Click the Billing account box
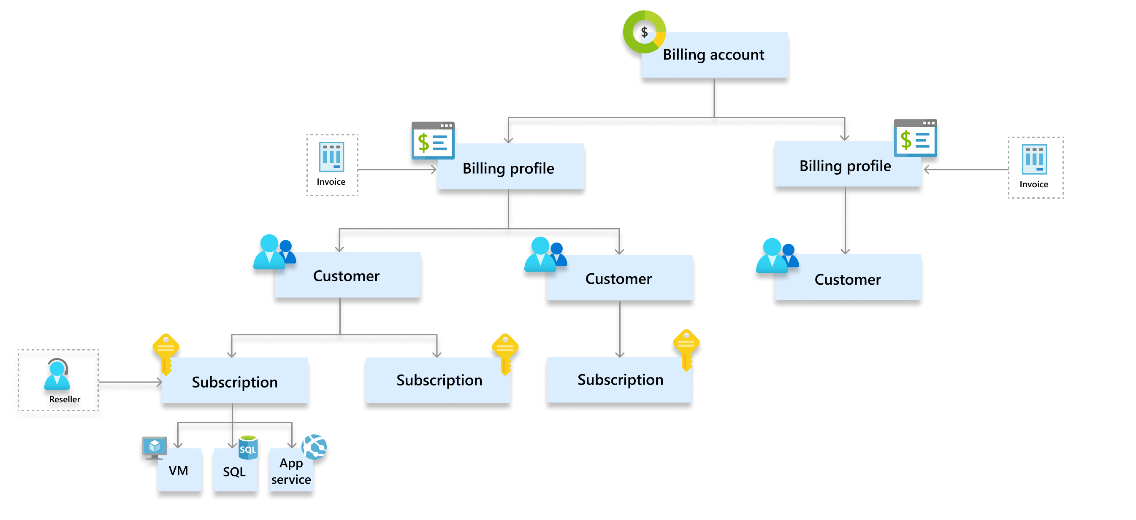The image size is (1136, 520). (714, 55)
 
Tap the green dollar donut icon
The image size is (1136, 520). (644, 32)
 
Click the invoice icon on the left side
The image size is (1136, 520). (331, 157)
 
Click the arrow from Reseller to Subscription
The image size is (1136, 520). (130, 382)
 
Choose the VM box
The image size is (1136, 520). (179, 470)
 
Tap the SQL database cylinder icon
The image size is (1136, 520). (248, 447)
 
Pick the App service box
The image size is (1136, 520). (291, 472)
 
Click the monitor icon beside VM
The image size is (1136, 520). (155, 447)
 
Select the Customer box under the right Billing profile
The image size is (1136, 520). (847, 278)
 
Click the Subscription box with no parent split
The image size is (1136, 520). (619, 380)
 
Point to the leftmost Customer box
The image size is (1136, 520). (347, 275)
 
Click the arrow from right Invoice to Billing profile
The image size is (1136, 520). (966, 169)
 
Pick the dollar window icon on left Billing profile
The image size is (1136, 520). (433, 140)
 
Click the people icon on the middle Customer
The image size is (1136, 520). (545, 255)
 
